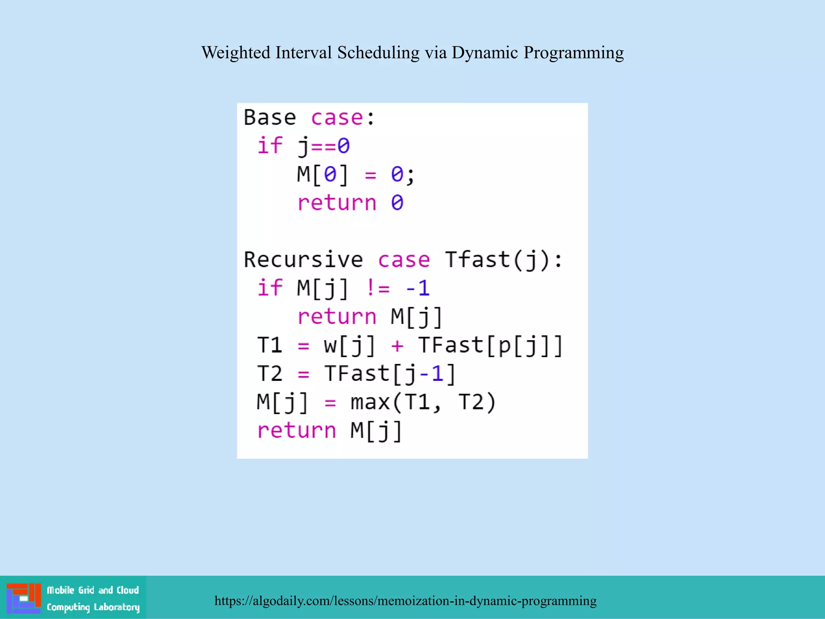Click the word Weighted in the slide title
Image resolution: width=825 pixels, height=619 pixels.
(x=236, y=53)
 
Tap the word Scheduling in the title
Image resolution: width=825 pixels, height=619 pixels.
(x=378, y=53)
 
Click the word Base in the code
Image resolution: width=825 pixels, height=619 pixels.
(x=270, y=118)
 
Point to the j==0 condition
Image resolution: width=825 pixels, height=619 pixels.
(x=323, y=146)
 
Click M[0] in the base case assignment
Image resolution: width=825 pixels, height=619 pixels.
(x=322, y=174)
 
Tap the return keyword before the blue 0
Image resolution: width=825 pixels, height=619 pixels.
(x=337, y=203)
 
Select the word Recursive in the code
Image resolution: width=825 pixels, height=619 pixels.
(x=303, y=260)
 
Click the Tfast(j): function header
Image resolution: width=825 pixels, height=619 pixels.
(x=503, y=260)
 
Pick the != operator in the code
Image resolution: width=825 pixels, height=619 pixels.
(x=378, y=288)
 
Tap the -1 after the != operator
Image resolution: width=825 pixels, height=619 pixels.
(x=418, y=288)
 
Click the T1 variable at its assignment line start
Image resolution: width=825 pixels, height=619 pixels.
(x=269, y=345)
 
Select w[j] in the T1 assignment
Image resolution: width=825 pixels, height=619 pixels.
(x=349, y=345)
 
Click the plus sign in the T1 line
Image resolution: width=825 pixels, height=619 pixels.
(x=397, y=346)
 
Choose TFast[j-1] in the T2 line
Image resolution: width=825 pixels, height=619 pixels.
(x=390, y=374)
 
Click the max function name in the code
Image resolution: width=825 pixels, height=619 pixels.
(x=370, y=402)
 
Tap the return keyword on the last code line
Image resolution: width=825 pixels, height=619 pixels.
(x=296, y=430)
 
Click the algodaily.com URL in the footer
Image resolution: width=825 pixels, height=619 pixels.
(x=405, y=600)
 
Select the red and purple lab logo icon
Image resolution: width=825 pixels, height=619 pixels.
(x=23, y=598)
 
